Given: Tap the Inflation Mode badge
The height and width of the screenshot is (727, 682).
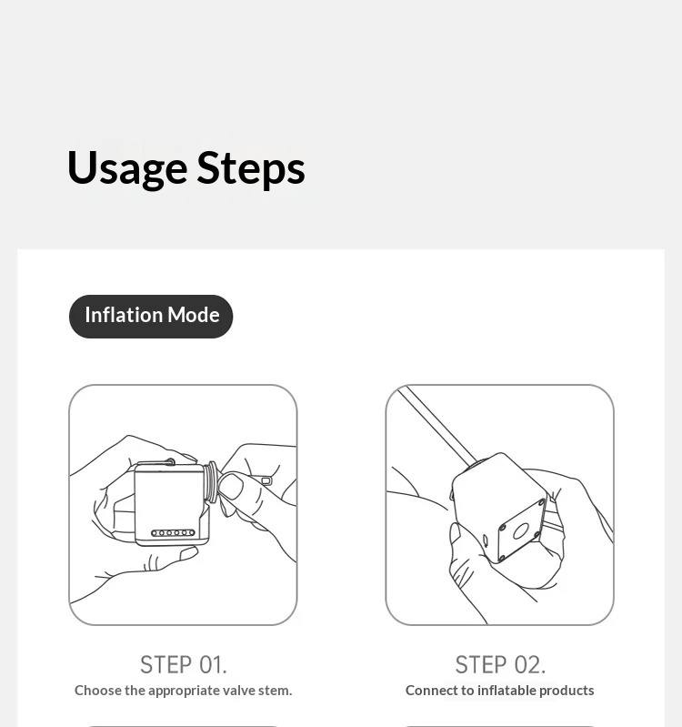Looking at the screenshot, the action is pos(151,317).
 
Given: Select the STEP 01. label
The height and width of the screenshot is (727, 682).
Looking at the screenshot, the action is pos(184,665).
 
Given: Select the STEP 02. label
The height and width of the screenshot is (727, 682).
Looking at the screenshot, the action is pos(500,665).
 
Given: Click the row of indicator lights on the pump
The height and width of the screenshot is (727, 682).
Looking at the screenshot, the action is pos(173,532).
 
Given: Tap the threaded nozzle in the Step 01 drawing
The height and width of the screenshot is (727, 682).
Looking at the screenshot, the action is pos(210,482).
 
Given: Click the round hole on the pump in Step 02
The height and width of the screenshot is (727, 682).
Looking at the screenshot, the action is pos(521,531).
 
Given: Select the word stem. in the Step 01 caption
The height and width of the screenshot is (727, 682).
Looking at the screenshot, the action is pos(276,691).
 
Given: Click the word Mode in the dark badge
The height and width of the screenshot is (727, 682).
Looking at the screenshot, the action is pos(193,316).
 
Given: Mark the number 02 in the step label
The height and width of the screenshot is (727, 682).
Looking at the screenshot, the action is pos(530,665).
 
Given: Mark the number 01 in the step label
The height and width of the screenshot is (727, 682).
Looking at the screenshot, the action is pos(213,665).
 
